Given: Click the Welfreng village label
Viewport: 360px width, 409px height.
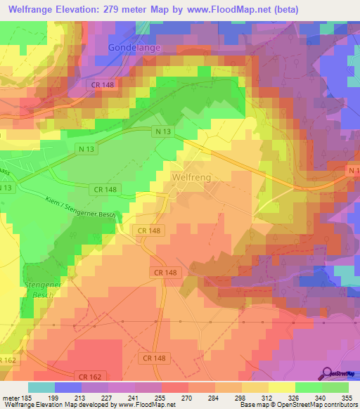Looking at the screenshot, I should tap(191, 178).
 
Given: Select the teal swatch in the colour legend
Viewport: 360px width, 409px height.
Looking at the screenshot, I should tap(41, 387).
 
